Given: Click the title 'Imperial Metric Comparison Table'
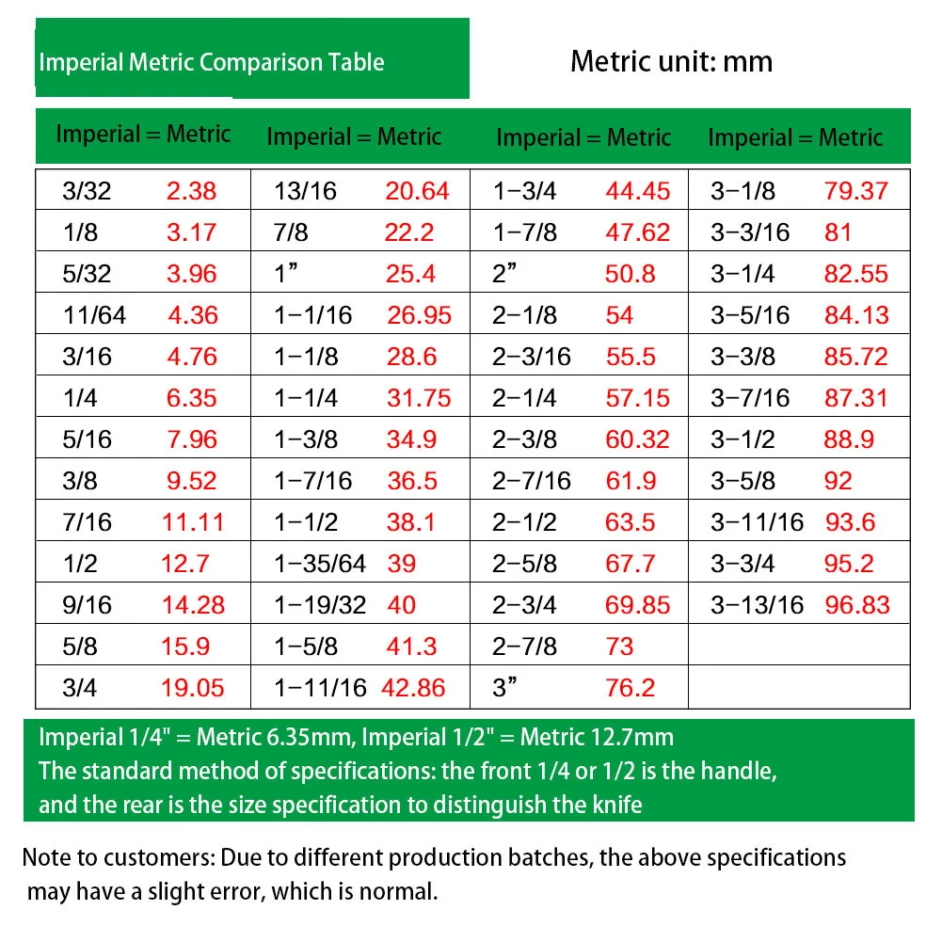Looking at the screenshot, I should coord(211,63).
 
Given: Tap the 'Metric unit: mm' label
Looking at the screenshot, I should coord(671,62).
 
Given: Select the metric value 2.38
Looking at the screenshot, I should coord(191,191).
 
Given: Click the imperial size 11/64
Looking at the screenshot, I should coord(94,315).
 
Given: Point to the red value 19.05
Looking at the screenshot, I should coord(193,687).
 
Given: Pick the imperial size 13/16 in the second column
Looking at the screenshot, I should coord(305,191).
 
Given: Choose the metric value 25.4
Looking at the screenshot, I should coord(410,274).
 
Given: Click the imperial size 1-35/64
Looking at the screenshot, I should coord(319,564).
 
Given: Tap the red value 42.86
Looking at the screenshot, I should coord(414,687).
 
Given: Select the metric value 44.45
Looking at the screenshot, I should coord(638,191).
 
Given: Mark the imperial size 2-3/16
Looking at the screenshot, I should coord(532,357).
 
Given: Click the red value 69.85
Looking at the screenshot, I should coord(638,604).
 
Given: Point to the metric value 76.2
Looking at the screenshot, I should coord(631,687).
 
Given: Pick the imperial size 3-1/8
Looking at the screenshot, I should coord(743,191).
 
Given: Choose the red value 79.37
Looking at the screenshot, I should coord(856,191).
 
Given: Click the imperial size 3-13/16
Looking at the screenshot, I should coord(758,604).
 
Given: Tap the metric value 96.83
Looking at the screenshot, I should coord(857,604).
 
